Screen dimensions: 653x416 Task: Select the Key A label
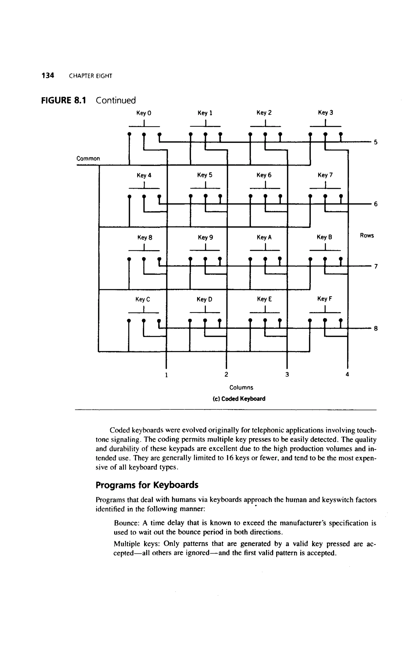tap(264, 238)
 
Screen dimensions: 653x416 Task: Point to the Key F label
tap(325, 299)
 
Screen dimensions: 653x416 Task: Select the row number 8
tap(376, 329)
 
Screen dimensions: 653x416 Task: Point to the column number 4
tap(347, 374)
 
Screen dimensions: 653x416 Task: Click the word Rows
tap(367, 235)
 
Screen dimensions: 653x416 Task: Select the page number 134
tap(48, 75)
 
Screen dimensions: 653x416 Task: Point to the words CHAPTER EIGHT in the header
tap(90, 76)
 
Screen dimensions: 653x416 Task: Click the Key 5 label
tap(205, 175)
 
